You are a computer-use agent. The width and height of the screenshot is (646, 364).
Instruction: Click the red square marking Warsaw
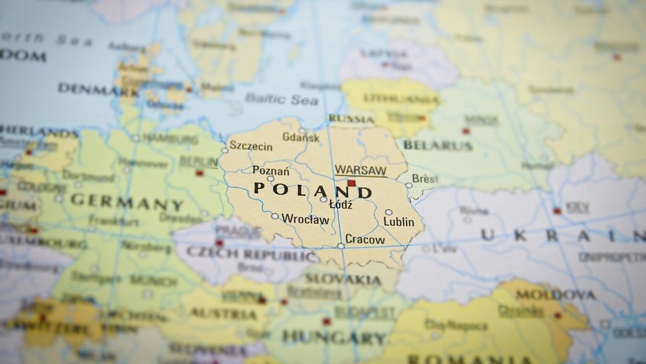(x=351, y=184)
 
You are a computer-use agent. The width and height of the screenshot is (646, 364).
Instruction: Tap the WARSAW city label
(x=360, y=170)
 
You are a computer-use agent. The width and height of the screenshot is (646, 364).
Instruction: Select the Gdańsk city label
(x=301, y=138)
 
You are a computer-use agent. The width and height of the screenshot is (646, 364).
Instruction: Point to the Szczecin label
(x=251, y=147)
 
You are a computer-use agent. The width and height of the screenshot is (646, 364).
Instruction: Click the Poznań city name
(x=271, y=171)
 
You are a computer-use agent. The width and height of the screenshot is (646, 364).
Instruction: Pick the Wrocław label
(x=306, y=219)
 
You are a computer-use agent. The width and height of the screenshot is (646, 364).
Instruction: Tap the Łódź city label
(x=340, y=204)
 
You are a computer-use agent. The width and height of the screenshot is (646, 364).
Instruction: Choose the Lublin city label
(x=399, y=222)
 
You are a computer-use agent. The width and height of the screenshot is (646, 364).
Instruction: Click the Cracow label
(x=365, y=239)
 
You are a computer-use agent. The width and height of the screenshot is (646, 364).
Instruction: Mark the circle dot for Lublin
(x=388, y=212)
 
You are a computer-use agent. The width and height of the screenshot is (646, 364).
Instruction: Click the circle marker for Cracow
(x=340, y=246)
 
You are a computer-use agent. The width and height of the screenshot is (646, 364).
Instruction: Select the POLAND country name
(x=313, y=189)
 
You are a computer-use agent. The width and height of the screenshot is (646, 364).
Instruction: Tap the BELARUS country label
(x=438, y=145)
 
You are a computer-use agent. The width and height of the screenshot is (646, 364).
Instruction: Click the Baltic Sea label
(x=281, y=99)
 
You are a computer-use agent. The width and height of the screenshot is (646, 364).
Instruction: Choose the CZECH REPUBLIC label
(x=251, y=254)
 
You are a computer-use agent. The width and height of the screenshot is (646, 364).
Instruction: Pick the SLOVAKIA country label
(x=342, y=279)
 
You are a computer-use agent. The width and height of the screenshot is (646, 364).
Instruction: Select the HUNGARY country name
(x=334, y=337)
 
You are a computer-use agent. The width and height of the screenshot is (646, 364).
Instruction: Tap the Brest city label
(x=425, y=178)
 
